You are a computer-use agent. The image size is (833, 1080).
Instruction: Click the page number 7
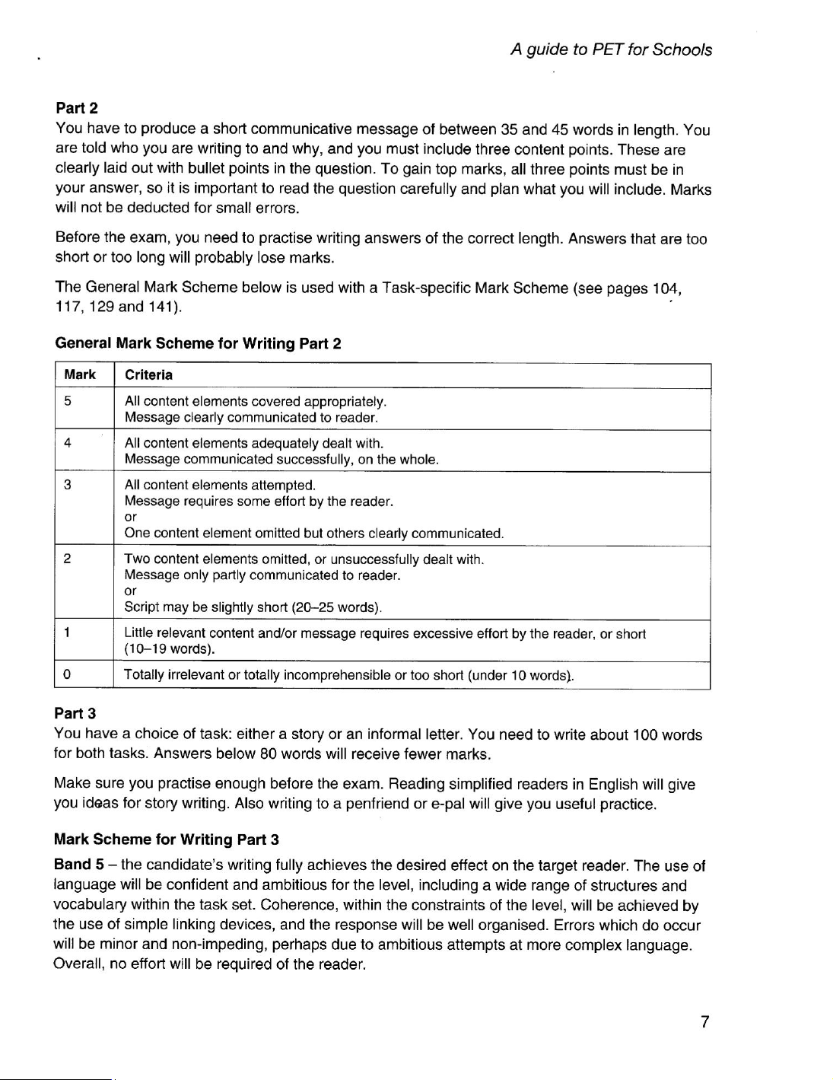coord(705,1021)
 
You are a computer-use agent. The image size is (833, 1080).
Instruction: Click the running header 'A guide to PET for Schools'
coord(611,49)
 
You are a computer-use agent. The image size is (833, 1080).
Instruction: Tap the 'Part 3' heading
coord(75,714)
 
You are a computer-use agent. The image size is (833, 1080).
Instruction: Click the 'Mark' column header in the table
coord(80,374)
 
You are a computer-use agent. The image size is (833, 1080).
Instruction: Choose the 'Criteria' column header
coord(148,374)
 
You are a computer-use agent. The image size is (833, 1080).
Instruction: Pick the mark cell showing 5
coord(68,401)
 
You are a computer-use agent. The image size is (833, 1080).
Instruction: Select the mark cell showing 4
coord(68,443)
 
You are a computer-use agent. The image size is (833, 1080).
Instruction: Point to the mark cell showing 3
coord(68,485)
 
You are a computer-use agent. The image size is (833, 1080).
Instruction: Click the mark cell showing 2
coord(68,559)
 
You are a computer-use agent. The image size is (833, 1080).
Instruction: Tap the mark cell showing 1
coord(68,633)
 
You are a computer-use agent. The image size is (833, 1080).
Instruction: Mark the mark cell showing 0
coord(68,675)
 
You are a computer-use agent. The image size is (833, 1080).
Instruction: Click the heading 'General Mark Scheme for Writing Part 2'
coord(198,343)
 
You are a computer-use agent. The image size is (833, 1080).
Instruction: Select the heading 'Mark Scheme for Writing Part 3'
coord(167,839)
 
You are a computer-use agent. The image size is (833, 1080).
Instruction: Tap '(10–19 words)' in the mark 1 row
coord(169,649)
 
